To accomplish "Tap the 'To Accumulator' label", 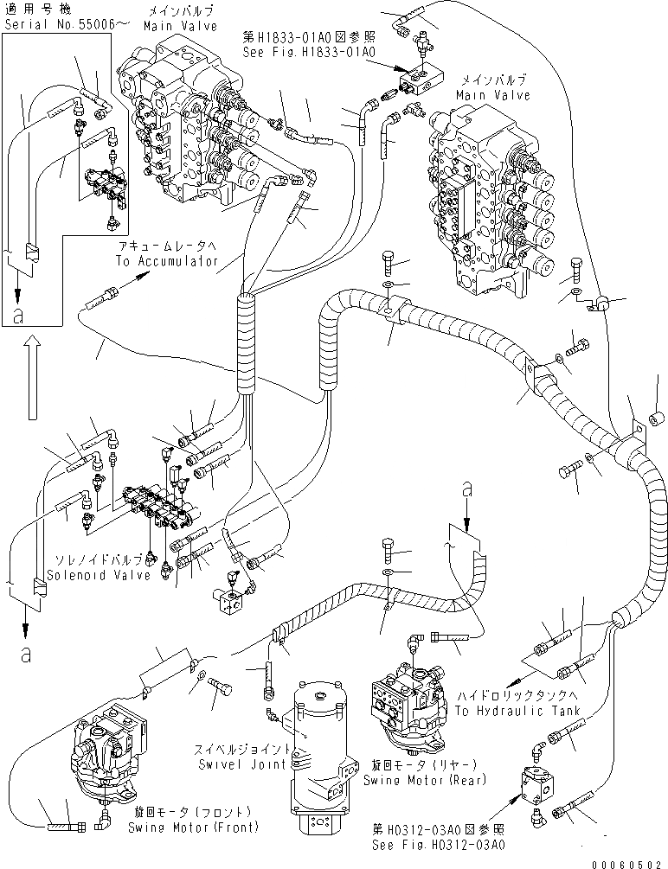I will tap(170, 260).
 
